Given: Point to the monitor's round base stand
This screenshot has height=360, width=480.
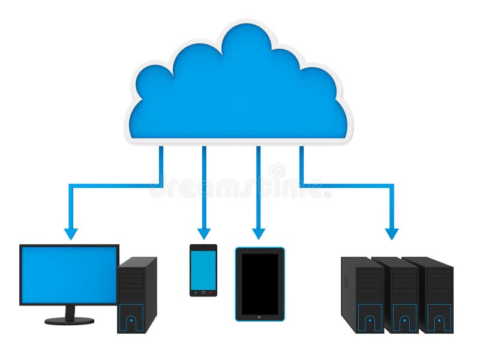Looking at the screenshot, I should pos(70,320).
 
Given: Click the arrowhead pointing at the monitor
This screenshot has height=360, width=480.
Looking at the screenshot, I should pos(71,233).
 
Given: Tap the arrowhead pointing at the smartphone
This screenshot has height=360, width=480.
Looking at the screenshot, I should pos(204,233).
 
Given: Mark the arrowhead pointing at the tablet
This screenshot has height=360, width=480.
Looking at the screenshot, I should pos(259,233).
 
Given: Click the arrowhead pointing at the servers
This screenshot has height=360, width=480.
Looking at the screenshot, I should pos(392,233).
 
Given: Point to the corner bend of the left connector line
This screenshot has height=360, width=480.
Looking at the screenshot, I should pos(71,186).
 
